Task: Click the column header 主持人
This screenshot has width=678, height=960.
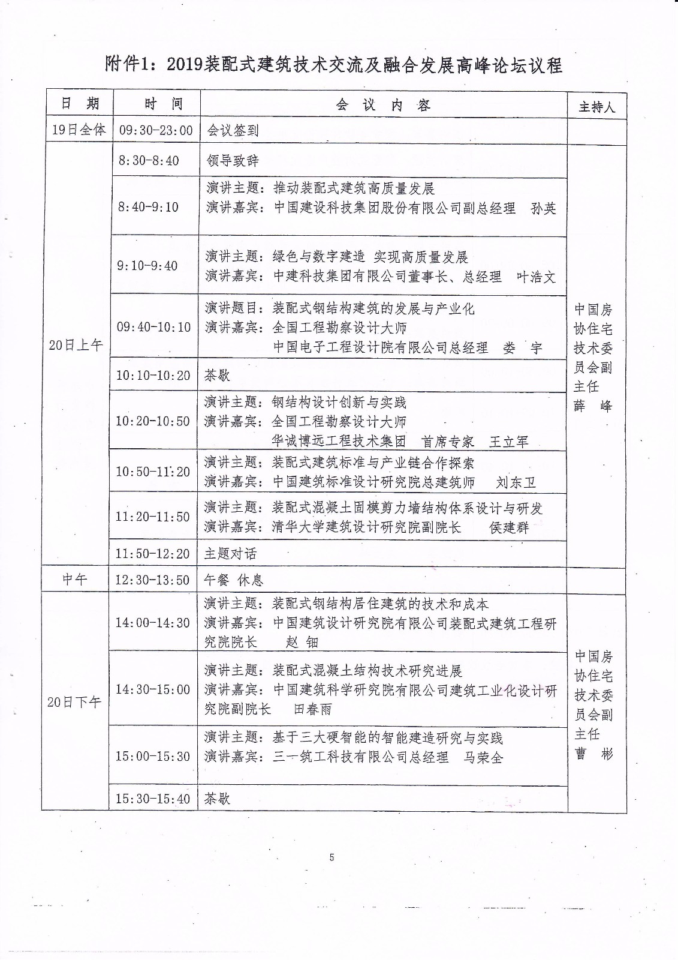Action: point(596,107)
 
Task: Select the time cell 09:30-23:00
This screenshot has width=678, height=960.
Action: point(156,130)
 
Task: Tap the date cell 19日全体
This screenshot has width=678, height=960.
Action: point(79,130)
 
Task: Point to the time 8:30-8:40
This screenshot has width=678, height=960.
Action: point(149,161)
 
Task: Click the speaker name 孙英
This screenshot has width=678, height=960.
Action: point(544,208)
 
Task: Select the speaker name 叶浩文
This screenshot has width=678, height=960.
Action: point(536,277)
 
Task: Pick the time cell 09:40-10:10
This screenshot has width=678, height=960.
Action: point(153,327)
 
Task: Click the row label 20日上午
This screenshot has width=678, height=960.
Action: point(76,345)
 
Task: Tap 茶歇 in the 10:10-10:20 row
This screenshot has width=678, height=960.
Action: point(217,376)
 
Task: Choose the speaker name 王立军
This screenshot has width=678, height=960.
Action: point(509,442)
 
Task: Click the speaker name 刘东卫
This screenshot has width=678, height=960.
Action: point(516,482)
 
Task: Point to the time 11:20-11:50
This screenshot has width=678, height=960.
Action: point(152,517)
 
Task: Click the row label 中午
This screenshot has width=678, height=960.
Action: point(75,580)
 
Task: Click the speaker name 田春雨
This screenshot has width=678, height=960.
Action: point(312,709)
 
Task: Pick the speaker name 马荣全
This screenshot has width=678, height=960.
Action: point(483,757)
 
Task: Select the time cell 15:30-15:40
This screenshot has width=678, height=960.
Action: point(152,799)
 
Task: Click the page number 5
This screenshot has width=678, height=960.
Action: point(332,857)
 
